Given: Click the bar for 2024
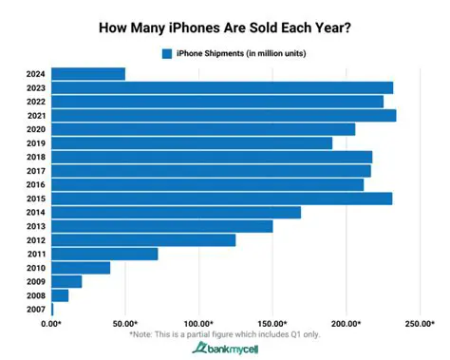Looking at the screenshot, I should [88, 73].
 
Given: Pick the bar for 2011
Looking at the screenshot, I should [104, 254].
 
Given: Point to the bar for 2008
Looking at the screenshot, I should [60, 295].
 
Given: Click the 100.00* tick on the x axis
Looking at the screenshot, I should [198, 324].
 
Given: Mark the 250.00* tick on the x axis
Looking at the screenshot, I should [421, 324].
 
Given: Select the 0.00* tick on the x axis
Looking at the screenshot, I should [52, 324].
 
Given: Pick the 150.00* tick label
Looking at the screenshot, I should [272, 324].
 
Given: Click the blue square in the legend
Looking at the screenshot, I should [167, 53].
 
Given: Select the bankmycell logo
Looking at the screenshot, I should [224, 349].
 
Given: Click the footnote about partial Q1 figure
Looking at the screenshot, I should [224, 334].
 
